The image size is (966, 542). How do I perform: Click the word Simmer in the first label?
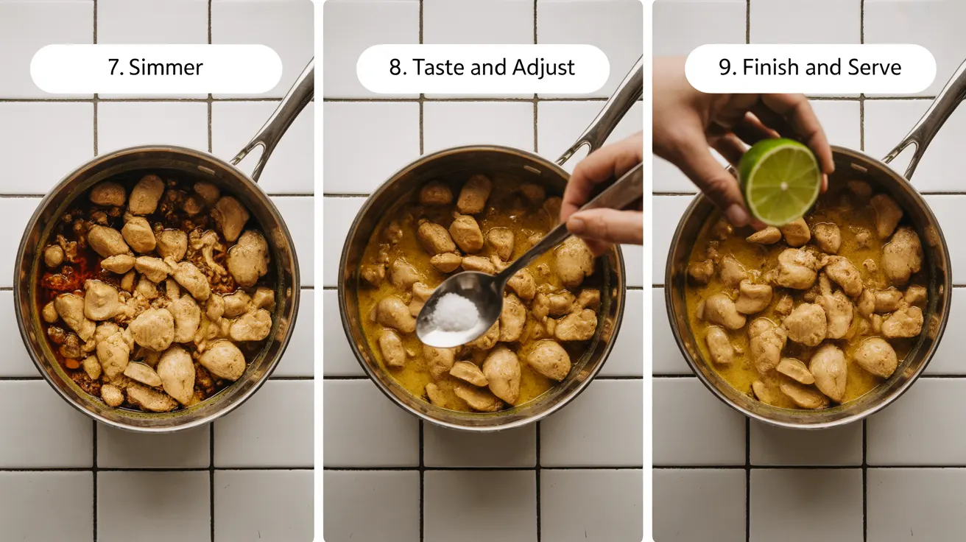click(166, 68)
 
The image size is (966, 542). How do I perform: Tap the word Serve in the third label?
click(875, 68)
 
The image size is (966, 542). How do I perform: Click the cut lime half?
click(780, 180)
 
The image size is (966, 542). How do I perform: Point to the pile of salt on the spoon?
click(454, 312)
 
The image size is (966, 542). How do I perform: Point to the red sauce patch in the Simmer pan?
click(55, 280)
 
